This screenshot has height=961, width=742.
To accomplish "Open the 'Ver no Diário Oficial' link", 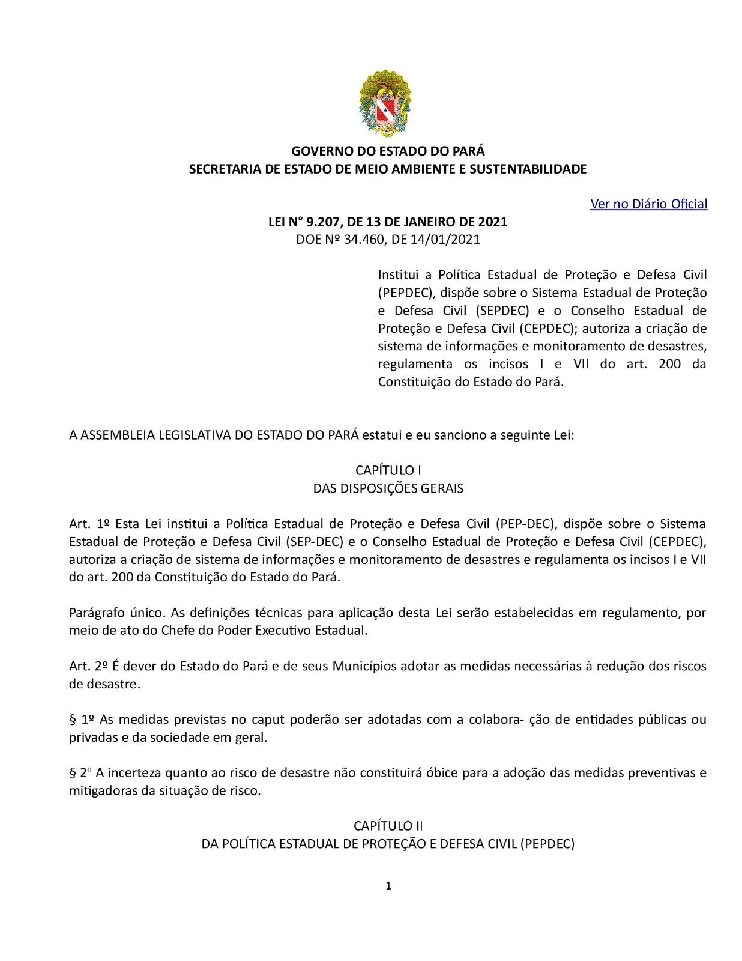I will coord(648,204).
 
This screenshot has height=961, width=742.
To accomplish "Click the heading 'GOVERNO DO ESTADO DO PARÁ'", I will coord(388,151).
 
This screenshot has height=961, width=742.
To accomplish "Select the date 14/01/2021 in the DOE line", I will coord(445,240).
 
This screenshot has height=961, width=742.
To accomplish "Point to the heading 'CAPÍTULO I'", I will coord(388,470).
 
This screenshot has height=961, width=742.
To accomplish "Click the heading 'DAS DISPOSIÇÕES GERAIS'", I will coord(388,488).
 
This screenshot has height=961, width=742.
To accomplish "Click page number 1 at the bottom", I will coord(388,886).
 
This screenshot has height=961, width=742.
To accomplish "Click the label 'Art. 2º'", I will coord(88,667).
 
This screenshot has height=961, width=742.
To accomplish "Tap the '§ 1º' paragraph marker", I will coord(82,720).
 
